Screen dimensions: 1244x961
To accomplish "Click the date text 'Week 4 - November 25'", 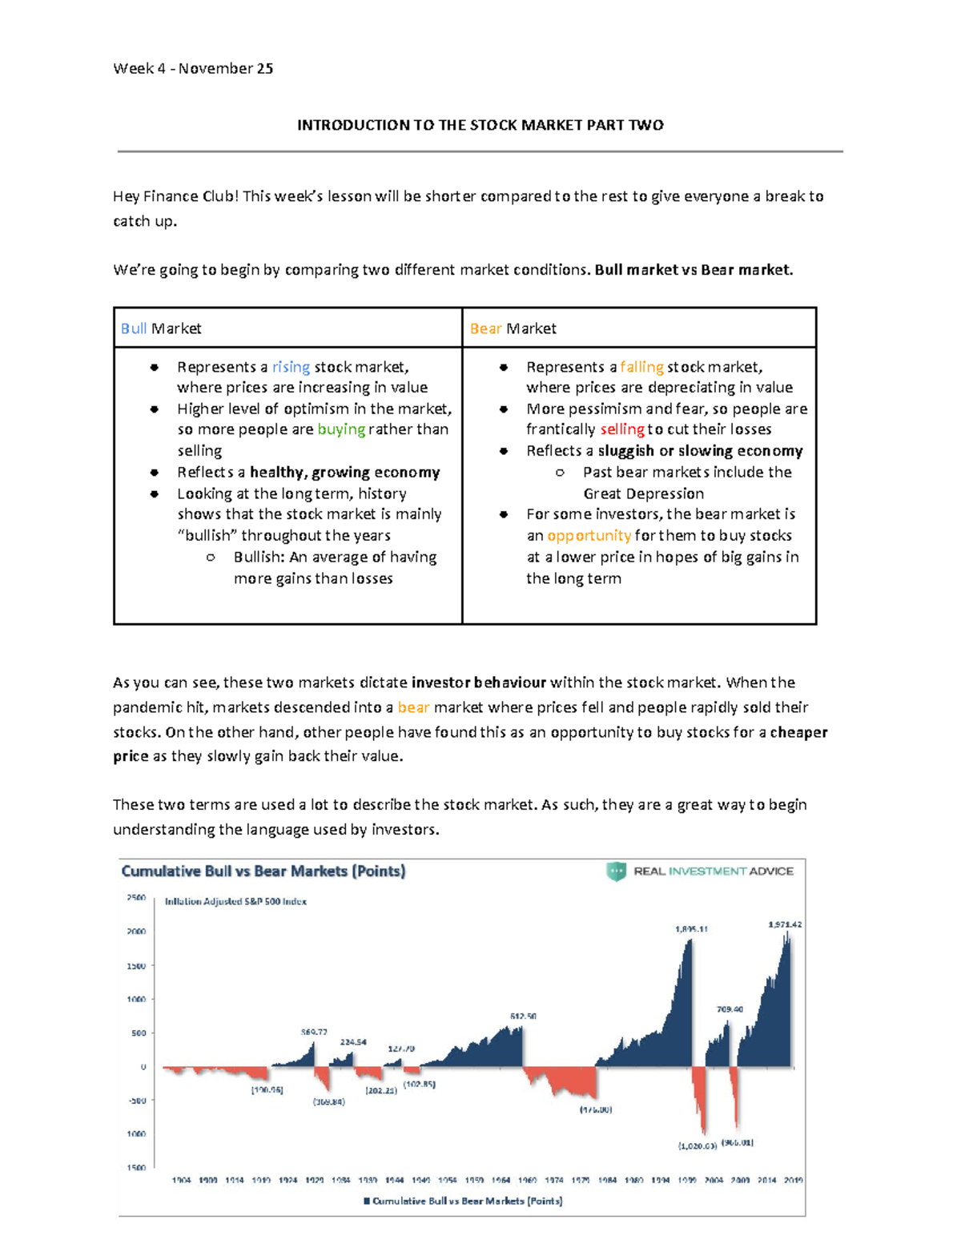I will (x=193, y=69).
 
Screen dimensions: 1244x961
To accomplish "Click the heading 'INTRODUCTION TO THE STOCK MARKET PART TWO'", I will (x=480, y=125).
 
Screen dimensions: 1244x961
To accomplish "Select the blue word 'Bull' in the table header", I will (x=133, y=328).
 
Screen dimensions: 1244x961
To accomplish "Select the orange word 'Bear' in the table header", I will (x=485, y=328).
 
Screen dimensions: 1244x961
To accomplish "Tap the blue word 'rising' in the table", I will (x=291, y=367).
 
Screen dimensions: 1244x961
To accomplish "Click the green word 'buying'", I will (x=341, y=429).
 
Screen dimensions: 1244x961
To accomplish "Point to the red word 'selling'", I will (x=621, y=429).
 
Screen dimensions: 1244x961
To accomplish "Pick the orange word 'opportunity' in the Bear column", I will (x=589, y=535).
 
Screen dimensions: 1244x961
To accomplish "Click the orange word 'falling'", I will (x=641, y=367).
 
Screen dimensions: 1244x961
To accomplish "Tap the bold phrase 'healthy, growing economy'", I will (x=344, y=472).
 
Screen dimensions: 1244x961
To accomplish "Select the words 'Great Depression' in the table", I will (x=643, y=493).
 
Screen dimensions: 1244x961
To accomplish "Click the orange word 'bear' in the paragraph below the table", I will (x=413, y=707).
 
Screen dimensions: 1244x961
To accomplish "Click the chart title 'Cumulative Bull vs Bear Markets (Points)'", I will (x=263, y=871).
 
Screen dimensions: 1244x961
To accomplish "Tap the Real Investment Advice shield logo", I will (x=616, y=872).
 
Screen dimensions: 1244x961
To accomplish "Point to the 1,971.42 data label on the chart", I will (x=784, y=924).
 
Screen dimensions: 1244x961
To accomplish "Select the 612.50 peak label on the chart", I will (x=523, y=1016).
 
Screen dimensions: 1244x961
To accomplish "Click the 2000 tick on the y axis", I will (x=136, y=932).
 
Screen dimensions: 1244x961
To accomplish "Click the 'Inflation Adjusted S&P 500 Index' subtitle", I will (x=235, y=901).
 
